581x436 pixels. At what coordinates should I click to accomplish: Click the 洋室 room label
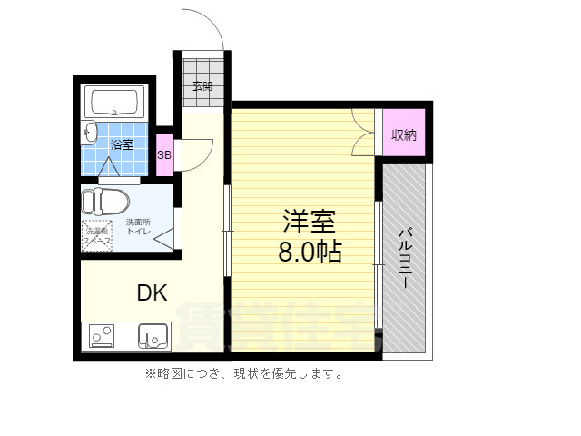[310, 221]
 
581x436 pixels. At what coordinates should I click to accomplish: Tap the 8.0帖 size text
[310, 253]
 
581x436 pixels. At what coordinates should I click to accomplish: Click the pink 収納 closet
[404, 135]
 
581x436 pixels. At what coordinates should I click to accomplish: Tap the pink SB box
[164, 154]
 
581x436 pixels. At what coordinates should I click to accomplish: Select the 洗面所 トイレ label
[138, 227]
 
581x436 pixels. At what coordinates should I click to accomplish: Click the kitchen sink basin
[154, 336]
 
